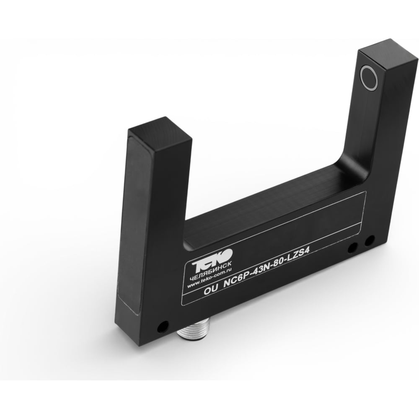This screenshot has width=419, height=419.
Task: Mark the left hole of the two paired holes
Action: point(352,248)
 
